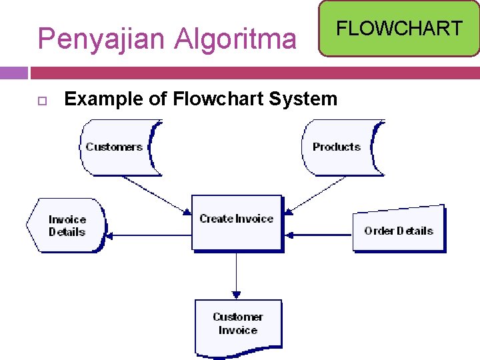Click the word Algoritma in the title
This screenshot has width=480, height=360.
(x=235, y=39)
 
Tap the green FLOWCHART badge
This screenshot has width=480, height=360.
(x=399, y=28)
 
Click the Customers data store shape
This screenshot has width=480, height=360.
(x=118, y=147)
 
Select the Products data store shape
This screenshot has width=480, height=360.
(x=341, y=147)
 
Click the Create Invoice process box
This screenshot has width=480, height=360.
(x=236, y=223)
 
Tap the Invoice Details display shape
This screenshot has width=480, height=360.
(x=66, y=225)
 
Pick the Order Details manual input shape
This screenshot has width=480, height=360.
(x=398, y=229)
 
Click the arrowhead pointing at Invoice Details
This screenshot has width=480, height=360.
(x=110, y=235)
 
